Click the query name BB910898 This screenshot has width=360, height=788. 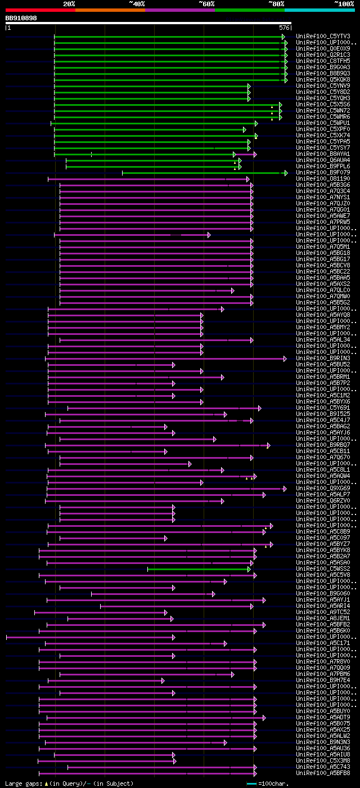coord(21,18)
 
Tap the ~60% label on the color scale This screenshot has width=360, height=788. coord(206,3)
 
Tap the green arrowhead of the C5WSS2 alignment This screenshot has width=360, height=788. coord(249,569)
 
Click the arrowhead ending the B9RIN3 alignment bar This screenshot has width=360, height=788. coord(285,359)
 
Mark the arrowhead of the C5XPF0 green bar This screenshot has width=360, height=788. coord(245,129)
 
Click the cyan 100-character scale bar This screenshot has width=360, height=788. coord(251,783)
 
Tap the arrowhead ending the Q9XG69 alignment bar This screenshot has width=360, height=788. coord(285,489)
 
